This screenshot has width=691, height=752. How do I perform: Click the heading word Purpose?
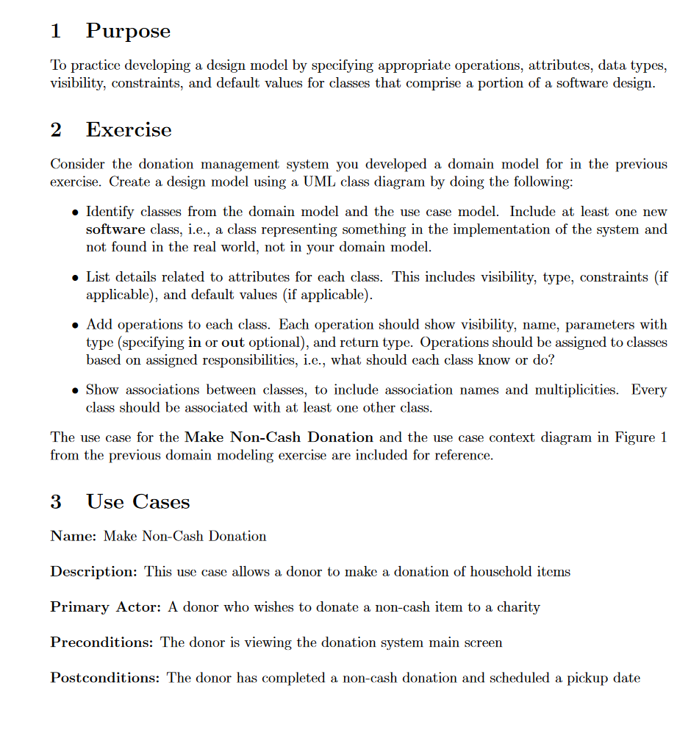click(x=128, y=31)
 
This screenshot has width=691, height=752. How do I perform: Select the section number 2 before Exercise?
click(x=56, y=130)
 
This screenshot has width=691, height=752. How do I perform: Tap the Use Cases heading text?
click(x=137, y=502)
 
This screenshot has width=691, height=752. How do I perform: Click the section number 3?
click(x=56, y=502)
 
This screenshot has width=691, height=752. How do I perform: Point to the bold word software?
click(x=114, y=229)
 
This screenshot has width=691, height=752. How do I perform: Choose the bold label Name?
click(x=74, y=536)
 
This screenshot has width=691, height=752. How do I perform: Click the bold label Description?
click(x=93, y=571)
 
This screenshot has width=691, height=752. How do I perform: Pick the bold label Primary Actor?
click(x=106, y=607)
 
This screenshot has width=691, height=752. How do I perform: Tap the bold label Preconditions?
click(x=101, y=642)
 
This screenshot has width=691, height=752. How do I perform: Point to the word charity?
click(x=518, y=607)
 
